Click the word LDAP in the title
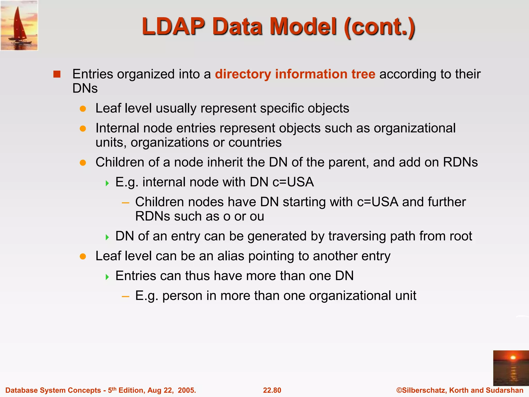coord(173,27)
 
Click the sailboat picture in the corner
coord(19,25)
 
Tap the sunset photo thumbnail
coord(511,368)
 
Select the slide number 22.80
coord(272,390)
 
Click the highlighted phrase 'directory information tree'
coord(295,74)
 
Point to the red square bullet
coord(57,74)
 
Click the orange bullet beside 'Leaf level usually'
coord(83,109)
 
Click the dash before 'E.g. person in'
coord(126,296)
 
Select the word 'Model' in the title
coord(303,27)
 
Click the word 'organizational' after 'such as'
coord(415,128)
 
